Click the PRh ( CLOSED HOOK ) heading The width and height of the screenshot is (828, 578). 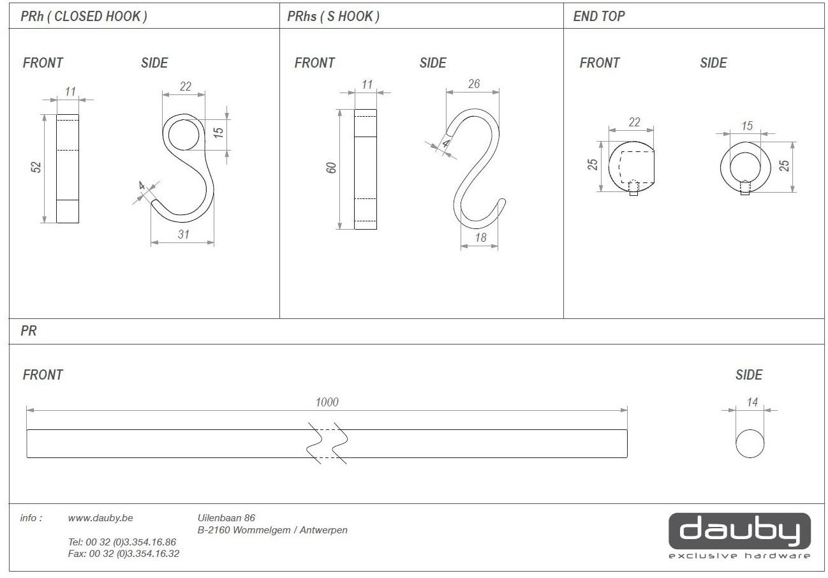point(84,16)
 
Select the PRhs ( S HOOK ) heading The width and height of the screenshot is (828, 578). point(333,16)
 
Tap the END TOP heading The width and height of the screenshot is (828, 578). point(599,16)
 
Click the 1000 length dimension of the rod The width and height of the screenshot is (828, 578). point(327,402)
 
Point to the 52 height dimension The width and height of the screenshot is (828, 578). point(36,167)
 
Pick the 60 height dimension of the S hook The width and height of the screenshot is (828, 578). point(331,168)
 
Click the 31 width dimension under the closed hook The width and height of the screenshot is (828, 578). point(183,234)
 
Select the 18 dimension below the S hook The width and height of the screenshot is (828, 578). point(480,237)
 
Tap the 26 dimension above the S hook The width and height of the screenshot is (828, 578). point(474,84)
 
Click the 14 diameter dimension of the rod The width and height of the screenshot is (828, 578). point(752,402)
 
